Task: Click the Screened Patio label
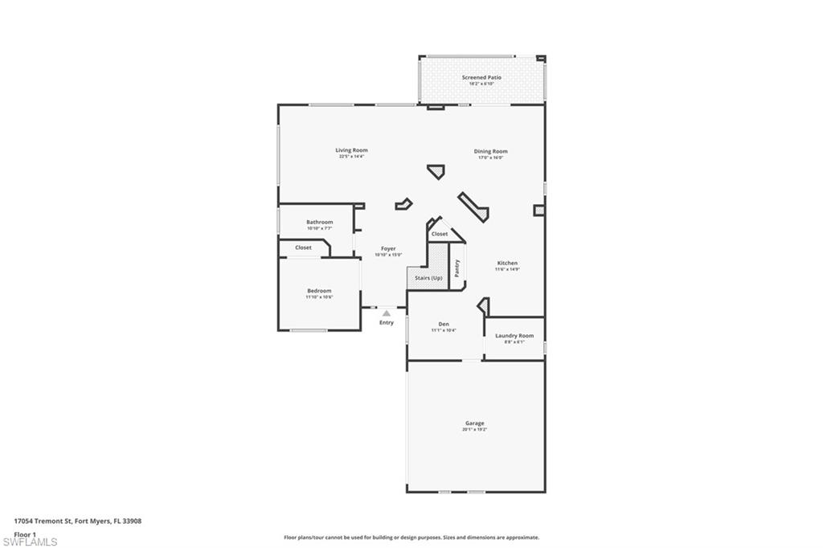(x=481, y=77)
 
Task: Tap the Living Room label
(x=351, y=150)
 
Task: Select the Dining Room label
(x=490, y=151)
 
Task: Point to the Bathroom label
(x=319, y=222)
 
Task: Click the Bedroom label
(x=319, y=291)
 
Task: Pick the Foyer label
(x=388, y=248)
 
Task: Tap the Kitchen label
(x=507, y=263)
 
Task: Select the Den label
(x=444, y=324)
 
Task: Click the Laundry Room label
(x=514, y=335)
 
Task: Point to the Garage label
(x=474, y=423)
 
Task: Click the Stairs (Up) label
(x=428, y=278)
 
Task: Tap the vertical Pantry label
(x=457, y=268)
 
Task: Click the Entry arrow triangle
(x=387, y=313)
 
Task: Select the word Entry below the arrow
(x=387, y=323)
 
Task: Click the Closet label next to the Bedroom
(x=303, y=247)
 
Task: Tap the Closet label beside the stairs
(x=440, y=234)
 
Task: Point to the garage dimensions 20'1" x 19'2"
(x=474, y=430)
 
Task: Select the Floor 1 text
(x=25, y=534)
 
